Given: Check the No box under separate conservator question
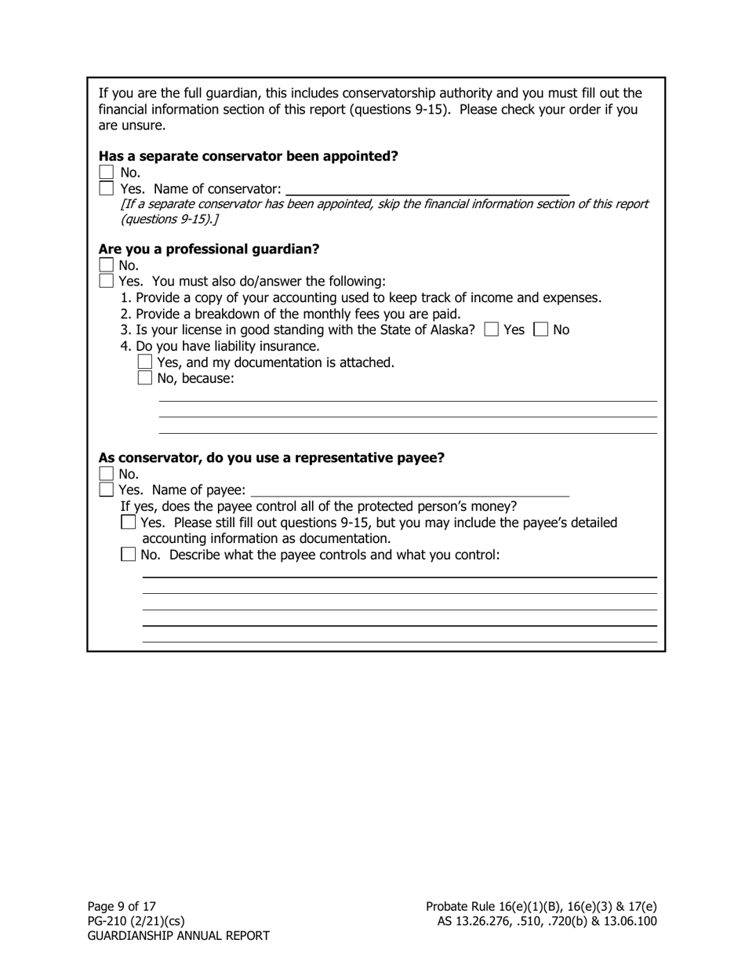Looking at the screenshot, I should pyautogui.click(x=107, y=173).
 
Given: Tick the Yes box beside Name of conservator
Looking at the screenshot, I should pyautogui.click(x=107, y=188).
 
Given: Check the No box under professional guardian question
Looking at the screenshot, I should pyautogui.click(x=107, y=265).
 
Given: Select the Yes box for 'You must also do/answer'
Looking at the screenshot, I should pyautogui.click(x=107, y=281).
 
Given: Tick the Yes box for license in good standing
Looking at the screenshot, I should pyautogui.click(x=492, y=330).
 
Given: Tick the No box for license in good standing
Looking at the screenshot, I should pyautogui.click(x=540, y=330).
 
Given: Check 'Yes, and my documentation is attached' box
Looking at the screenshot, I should pyautogui.click(x=144, y=362).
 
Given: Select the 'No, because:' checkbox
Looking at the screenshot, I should pyautogui.click(x=144, y=378).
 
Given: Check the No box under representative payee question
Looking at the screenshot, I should pyautogui.click(x=107, y=474).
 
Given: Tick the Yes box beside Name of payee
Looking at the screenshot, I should pyautogui.click(x=107, y=490).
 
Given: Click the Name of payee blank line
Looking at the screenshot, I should pyautogui.click(x=409, y=491).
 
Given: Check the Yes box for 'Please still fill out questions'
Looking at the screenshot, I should pyautogui.click(x=129, y=523).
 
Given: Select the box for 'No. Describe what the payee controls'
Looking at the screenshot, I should pyautogui.click(x=129, y=555).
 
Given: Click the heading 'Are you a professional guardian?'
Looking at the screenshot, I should pyautogui.click(x=209, y=249).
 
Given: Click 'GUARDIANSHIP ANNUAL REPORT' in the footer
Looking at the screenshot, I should pyautogui.click(x=178, y=936).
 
